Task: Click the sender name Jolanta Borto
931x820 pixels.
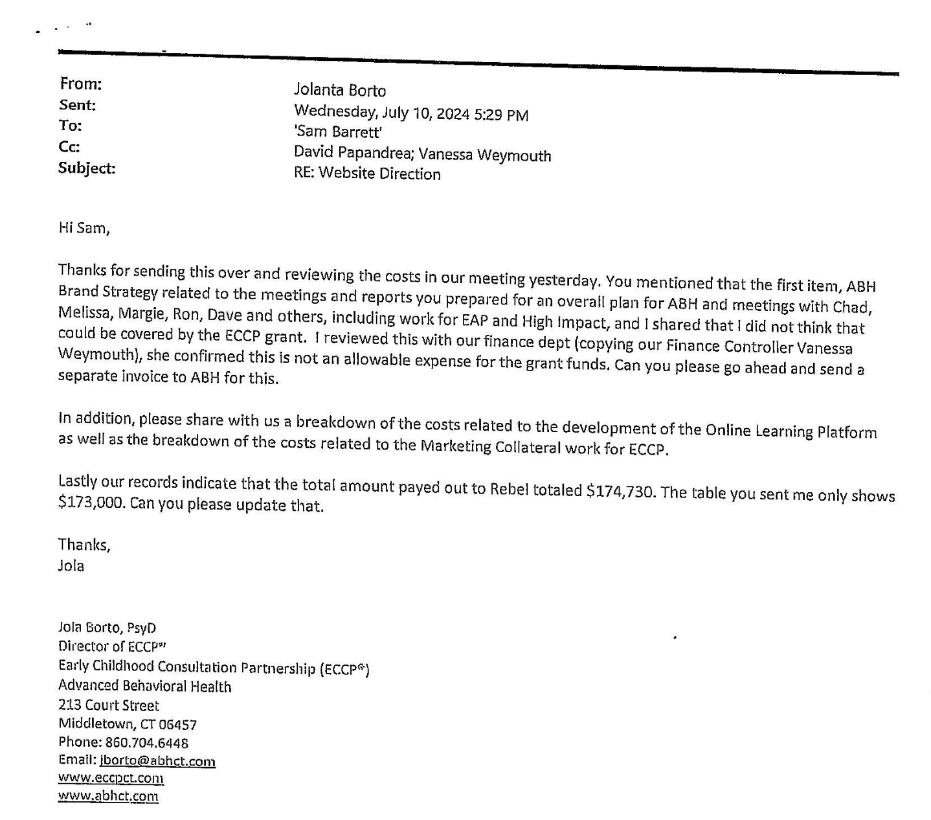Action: [x=340, y=91]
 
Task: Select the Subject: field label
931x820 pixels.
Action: [x=87, y=168]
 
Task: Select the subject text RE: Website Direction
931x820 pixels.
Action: [x=367, y=174]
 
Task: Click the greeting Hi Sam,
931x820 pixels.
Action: [x=84, y=228]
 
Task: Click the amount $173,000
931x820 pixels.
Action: [x=91, y=503]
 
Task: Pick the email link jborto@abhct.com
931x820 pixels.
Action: [x=158, y=761]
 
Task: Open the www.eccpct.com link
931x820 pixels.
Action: [x=111, y=778]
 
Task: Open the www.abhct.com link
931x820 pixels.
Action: [x=108, y=796]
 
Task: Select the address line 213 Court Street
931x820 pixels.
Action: [x=108, y=705]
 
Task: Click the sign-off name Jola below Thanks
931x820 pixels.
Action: [x=71, y=565]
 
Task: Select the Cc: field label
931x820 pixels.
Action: [x=69, y=147]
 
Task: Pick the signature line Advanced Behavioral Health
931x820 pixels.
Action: [x=144, y=686]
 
